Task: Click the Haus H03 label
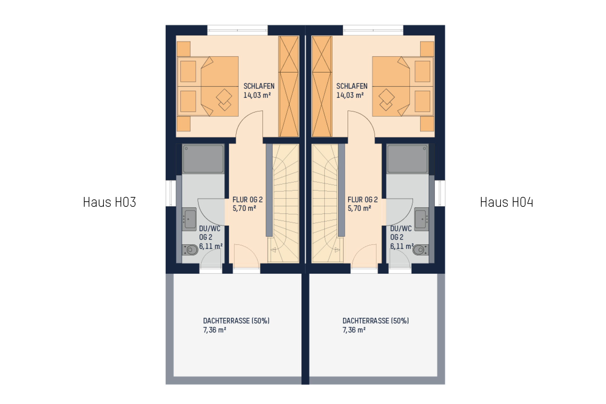[x=109, y=202]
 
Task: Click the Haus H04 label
[x=506, y=202]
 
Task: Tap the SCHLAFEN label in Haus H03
[x=259, y=86]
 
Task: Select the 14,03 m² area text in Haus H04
[x=350, y=95]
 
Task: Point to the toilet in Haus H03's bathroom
[x=190, y=250]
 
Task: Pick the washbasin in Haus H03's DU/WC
[x=189, y=219]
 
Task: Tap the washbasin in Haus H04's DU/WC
[x=421, y=219]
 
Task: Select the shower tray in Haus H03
[x=203, y=159]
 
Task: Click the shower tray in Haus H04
[x=407, y=159]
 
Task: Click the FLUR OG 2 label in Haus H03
[x=247, y=200]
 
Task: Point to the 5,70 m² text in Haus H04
[x=359, y=208]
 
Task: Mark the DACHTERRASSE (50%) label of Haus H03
[x=236, y=321]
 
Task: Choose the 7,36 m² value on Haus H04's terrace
[x=354, y=330]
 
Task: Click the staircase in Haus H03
[x=283, y=203]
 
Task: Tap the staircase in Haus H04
[x=328, y=203]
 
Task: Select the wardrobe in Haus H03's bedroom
[x=288, y=86]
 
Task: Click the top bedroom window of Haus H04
[x=373, y=30]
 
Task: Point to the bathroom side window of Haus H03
[x=171, y=193]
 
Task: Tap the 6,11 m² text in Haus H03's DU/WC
[x=211, y=246]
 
